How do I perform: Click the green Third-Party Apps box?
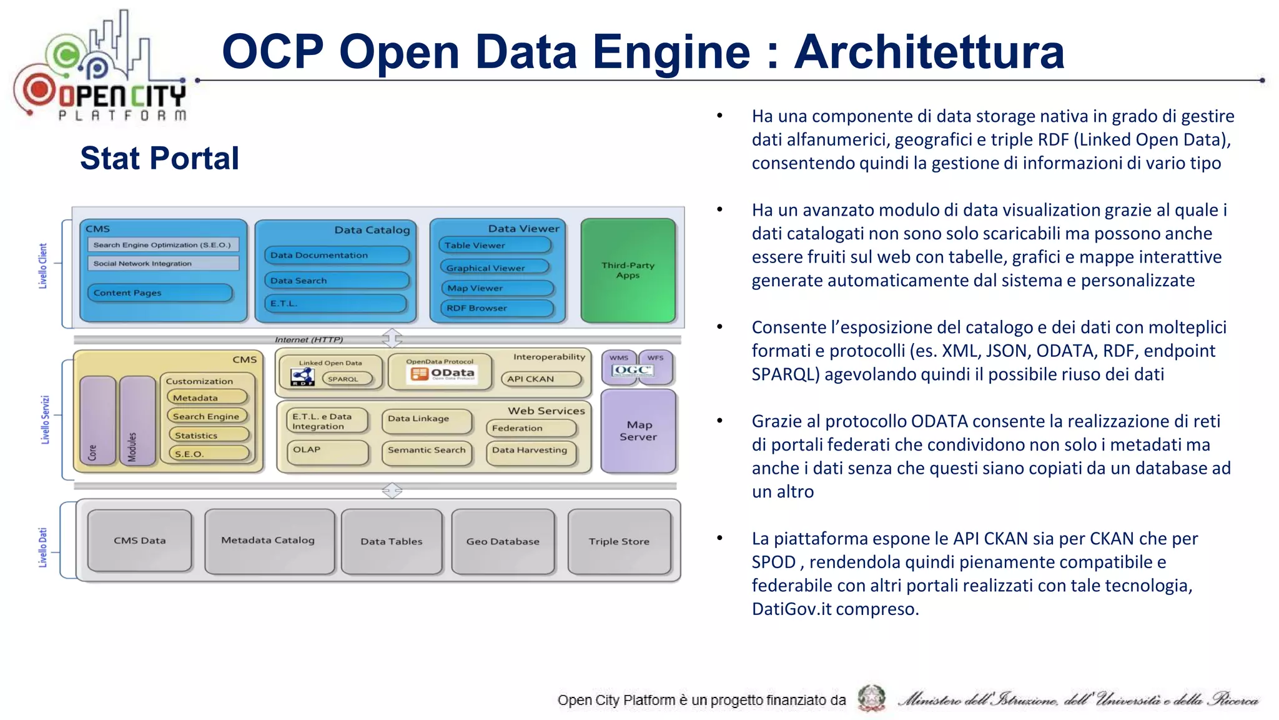coord(628,271)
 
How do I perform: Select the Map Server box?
coord(638,431)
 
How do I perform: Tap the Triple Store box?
coord(619,541)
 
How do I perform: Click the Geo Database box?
coord(503,541)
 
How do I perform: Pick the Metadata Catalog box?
coord(269,541)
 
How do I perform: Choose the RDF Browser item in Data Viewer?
coord(497,308)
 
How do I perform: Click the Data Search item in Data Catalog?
coord(336,281)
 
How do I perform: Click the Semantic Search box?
coord(427,451)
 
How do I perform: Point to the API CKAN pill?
coord(541,379)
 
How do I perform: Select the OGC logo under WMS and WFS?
coord(632,371)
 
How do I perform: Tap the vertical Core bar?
coord(97,421)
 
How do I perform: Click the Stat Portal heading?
coord(159,158)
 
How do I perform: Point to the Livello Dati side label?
coord(43,547)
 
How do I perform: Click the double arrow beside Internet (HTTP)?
coord(392,338)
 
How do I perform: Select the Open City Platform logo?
coord(100,69)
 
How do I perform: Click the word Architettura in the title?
coord(929,52)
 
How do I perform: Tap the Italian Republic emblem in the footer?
coord(871,698)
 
